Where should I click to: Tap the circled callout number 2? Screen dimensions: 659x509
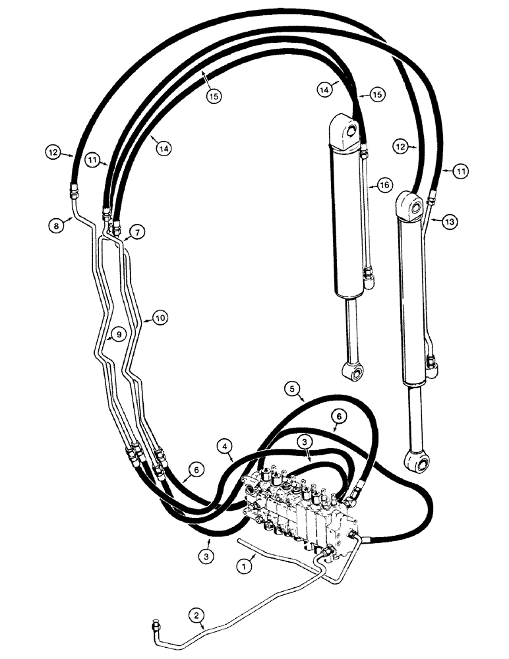[196, 616]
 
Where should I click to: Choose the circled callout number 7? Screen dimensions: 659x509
[137, 232]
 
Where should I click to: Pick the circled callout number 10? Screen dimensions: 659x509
[160, 318]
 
